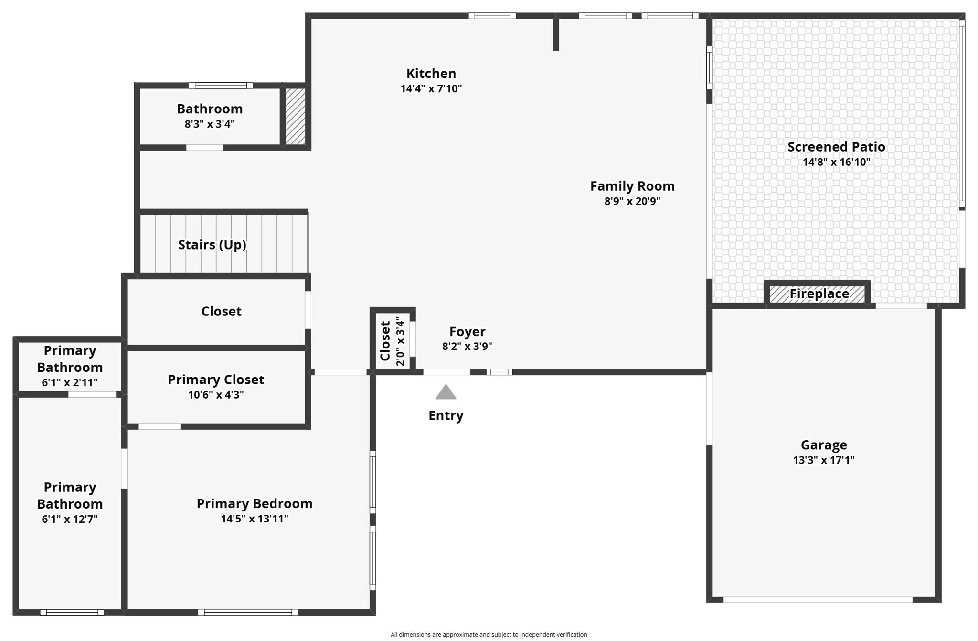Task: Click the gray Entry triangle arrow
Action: coord(446,392)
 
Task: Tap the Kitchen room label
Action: coord(431,74)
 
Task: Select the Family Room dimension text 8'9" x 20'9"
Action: coord(632,201)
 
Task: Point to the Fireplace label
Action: coord(819,293)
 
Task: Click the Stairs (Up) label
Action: coord(212,245)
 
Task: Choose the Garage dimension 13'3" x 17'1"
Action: coord(823,460)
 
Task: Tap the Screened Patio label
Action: coord(836,147)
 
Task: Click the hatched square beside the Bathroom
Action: coord(295,116)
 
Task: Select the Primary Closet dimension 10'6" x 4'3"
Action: coord(216,395)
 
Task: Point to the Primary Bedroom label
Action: coord(255,503)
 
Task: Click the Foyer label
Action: coord(467,331)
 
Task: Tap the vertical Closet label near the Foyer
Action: coord(385,340)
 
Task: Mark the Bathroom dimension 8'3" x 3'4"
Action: coord(210,124)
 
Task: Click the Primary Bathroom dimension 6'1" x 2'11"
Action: coord(70,382)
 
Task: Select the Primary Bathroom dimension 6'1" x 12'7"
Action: coord(70,519)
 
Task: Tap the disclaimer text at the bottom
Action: coord(489,634)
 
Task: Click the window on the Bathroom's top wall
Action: coord(221,86)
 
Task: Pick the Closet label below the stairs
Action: coord(221,311)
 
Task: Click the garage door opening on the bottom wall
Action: coord(818,599)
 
